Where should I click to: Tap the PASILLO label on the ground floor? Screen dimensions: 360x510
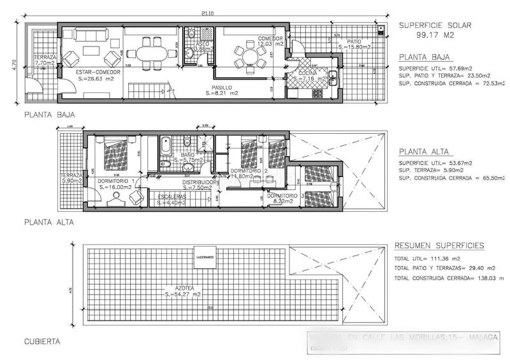[x=222, y=87]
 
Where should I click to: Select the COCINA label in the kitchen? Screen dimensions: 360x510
[x=309, y=74]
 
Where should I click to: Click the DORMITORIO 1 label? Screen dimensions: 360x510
[x=115, y=181]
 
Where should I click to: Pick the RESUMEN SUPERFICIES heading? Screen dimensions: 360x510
[x=439, y=245]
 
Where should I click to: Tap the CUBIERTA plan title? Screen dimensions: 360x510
[x=41, y=342]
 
